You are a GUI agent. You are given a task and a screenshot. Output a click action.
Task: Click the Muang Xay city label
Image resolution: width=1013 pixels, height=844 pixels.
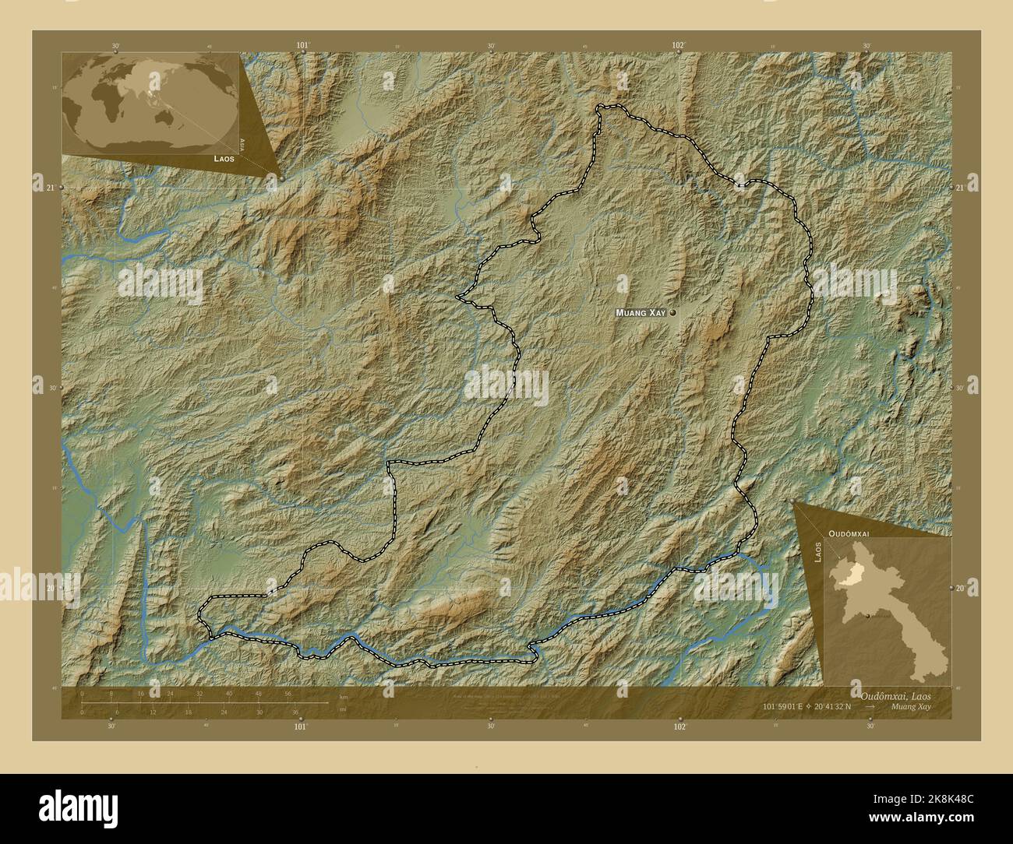641,312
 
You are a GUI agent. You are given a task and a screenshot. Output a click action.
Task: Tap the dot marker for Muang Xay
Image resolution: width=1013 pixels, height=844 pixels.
671,312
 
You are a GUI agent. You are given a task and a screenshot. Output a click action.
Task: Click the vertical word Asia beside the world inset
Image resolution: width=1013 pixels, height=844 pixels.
244,143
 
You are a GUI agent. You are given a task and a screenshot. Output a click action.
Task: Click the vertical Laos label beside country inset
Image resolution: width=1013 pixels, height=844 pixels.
817,551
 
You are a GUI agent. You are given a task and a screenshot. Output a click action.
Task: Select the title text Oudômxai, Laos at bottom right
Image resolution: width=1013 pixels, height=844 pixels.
895,694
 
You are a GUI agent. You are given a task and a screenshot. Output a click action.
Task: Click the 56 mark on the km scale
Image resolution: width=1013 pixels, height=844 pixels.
288,693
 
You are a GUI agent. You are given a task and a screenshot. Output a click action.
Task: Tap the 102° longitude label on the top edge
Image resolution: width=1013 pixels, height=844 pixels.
679,45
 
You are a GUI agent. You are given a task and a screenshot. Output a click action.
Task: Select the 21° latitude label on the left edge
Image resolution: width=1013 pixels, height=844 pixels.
51,188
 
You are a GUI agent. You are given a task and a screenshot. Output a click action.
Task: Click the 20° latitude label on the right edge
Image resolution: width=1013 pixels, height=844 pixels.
960,589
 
